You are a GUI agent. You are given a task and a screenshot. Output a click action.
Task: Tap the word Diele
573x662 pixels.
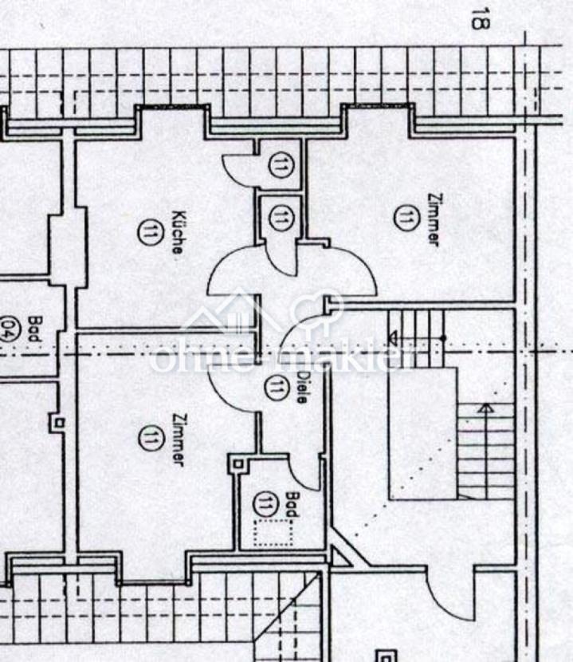[x=302, y=388]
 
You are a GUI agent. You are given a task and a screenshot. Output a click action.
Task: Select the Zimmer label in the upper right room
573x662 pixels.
[x=434, y=219]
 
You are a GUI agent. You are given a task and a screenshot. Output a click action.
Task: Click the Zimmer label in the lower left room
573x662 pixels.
[x=179, y=439]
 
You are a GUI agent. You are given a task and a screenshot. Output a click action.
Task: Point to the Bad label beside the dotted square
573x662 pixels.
[x=292, y=504]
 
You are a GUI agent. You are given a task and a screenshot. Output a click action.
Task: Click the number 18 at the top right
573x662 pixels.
[x=481, y=18]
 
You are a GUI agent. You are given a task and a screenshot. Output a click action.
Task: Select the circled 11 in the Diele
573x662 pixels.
[x=277, y=388]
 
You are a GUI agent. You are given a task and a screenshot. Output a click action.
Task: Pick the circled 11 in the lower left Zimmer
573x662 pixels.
[x=150, y=439]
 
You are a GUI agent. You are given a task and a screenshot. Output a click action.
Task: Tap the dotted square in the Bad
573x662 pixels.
[x=273, y=533]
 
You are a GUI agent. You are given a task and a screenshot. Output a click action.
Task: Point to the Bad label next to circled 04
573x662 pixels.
[x=33, y=329]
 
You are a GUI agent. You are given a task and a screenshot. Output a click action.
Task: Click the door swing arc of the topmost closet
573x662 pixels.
[x=236, y=171]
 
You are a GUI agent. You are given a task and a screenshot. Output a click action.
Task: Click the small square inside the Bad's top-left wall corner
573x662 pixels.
[x=238, y=464]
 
